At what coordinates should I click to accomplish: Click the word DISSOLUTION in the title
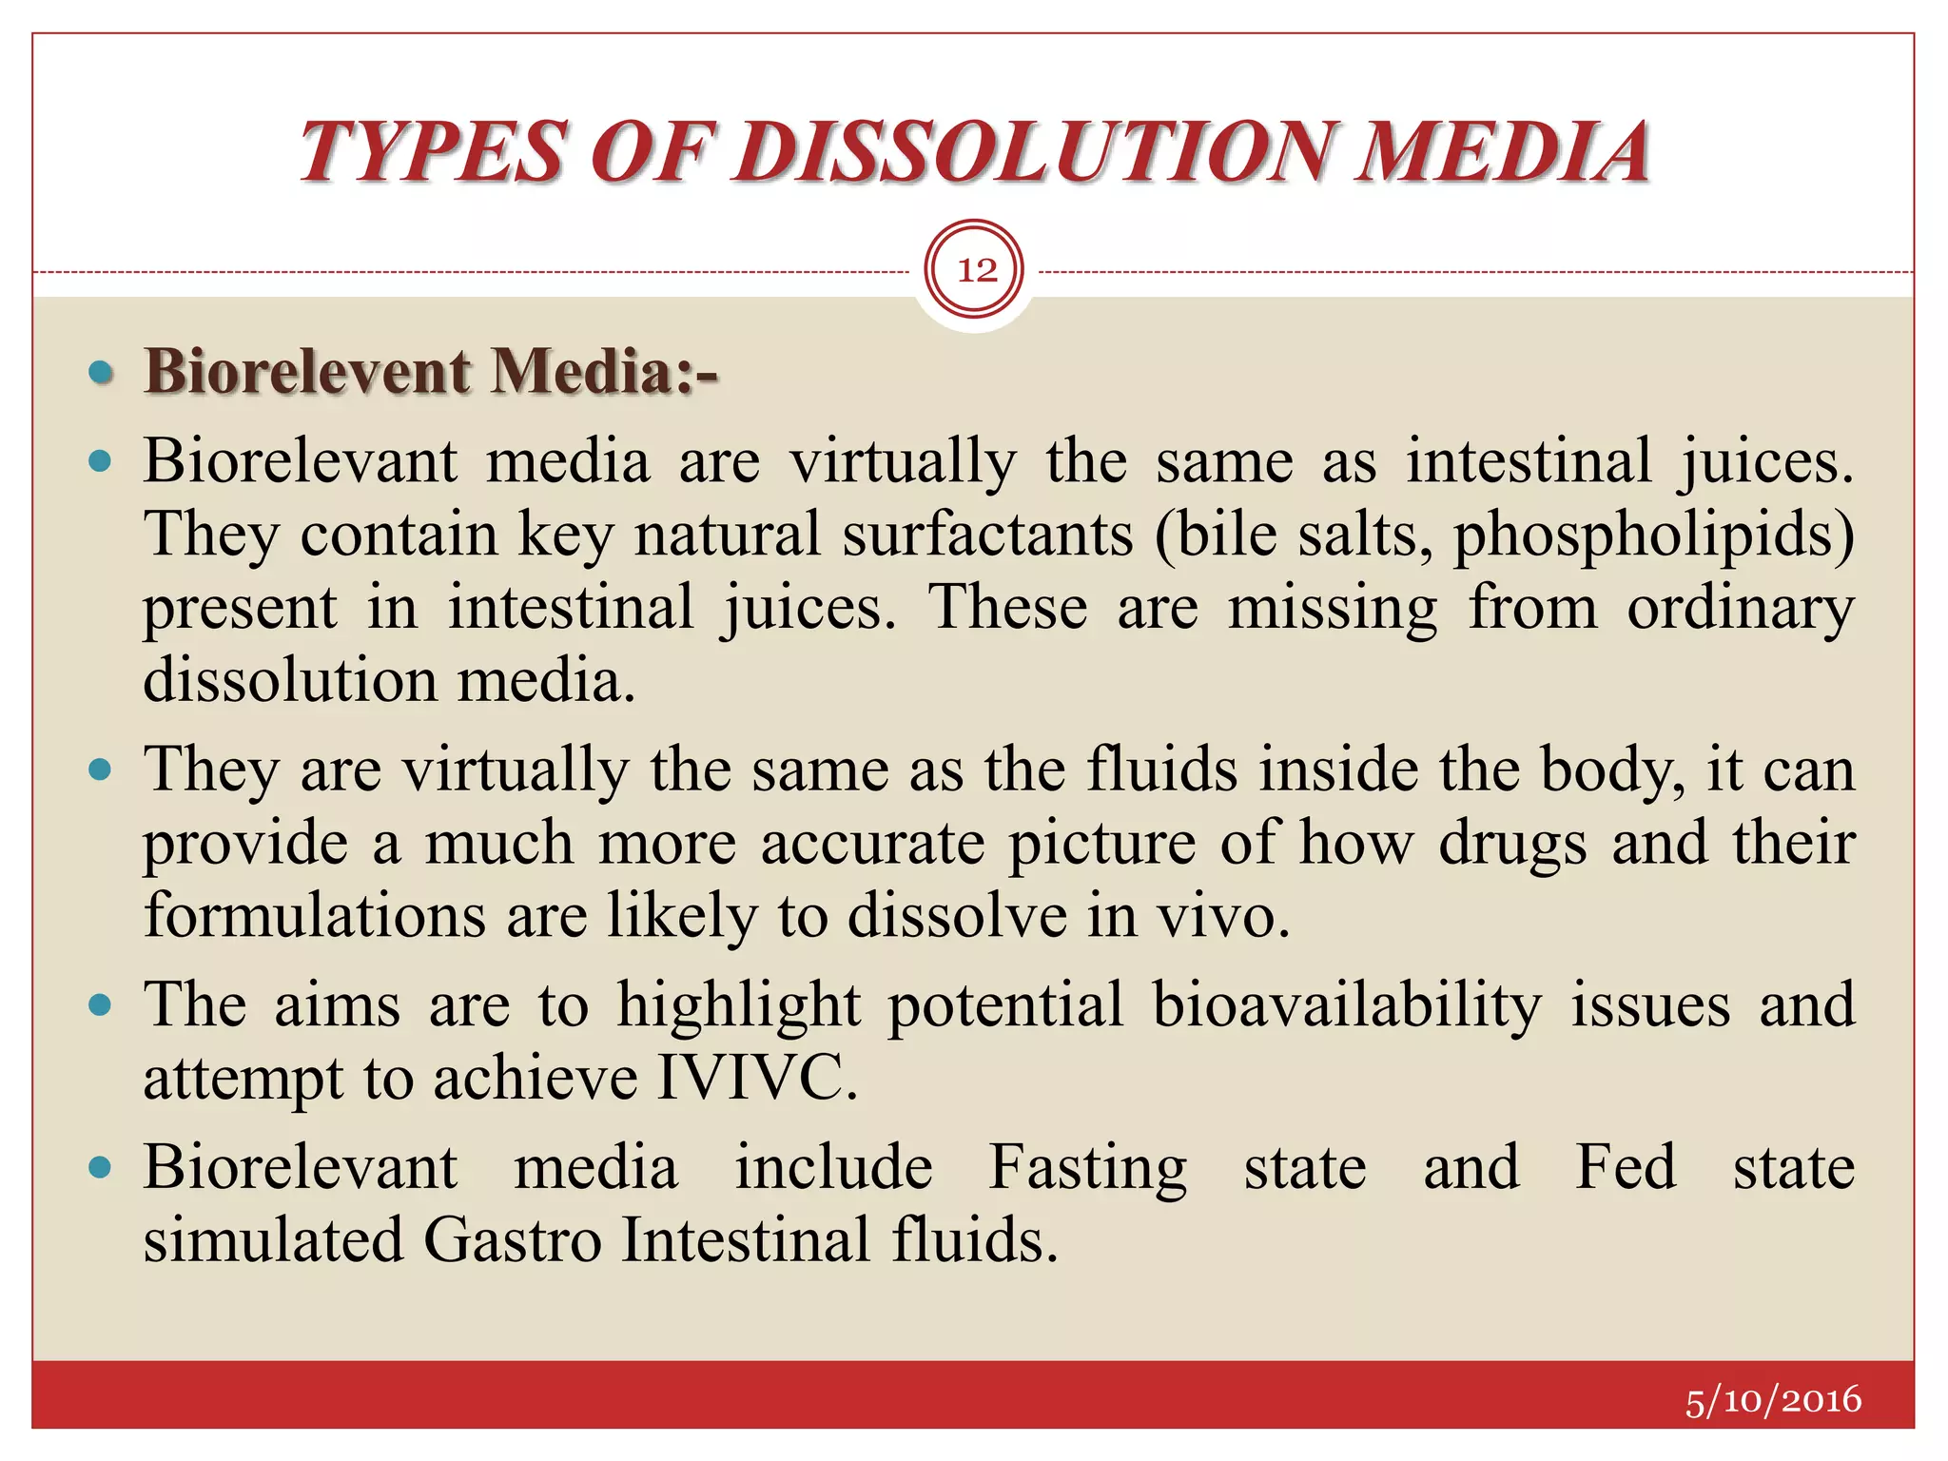[x=1034, y=152]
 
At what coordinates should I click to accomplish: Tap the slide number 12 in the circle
[x=976, y=271]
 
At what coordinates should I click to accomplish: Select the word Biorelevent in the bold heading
[x=307, y=371]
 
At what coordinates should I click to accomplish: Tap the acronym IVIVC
[x=757, y=1078]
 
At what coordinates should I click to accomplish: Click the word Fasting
[x=1087, y=1168]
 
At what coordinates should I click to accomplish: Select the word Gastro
[x=513, y=1240]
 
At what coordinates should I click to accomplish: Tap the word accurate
[x=872, y=844]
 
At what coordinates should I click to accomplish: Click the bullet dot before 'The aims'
[x=100, y=1005]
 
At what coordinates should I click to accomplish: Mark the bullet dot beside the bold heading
[x=100, y=372]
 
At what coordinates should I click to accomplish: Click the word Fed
[x=1626, y=1167]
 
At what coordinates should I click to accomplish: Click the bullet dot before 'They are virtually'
[x=100, y=769]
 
